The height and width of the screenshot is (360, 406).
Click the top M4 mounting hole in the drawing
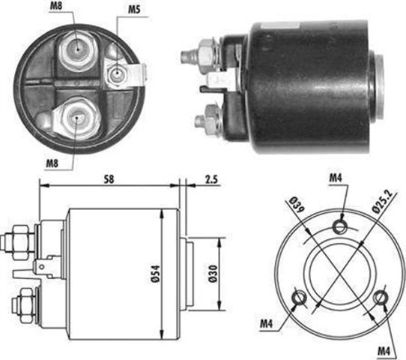point(341,226)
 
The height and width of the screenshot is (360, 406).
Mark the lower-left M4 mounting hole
point(300,298)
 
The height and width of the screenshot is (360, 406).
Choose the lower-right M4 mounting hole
point(382,298)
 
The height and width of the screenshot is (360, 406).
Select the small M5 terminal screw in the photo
point(116,75)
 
